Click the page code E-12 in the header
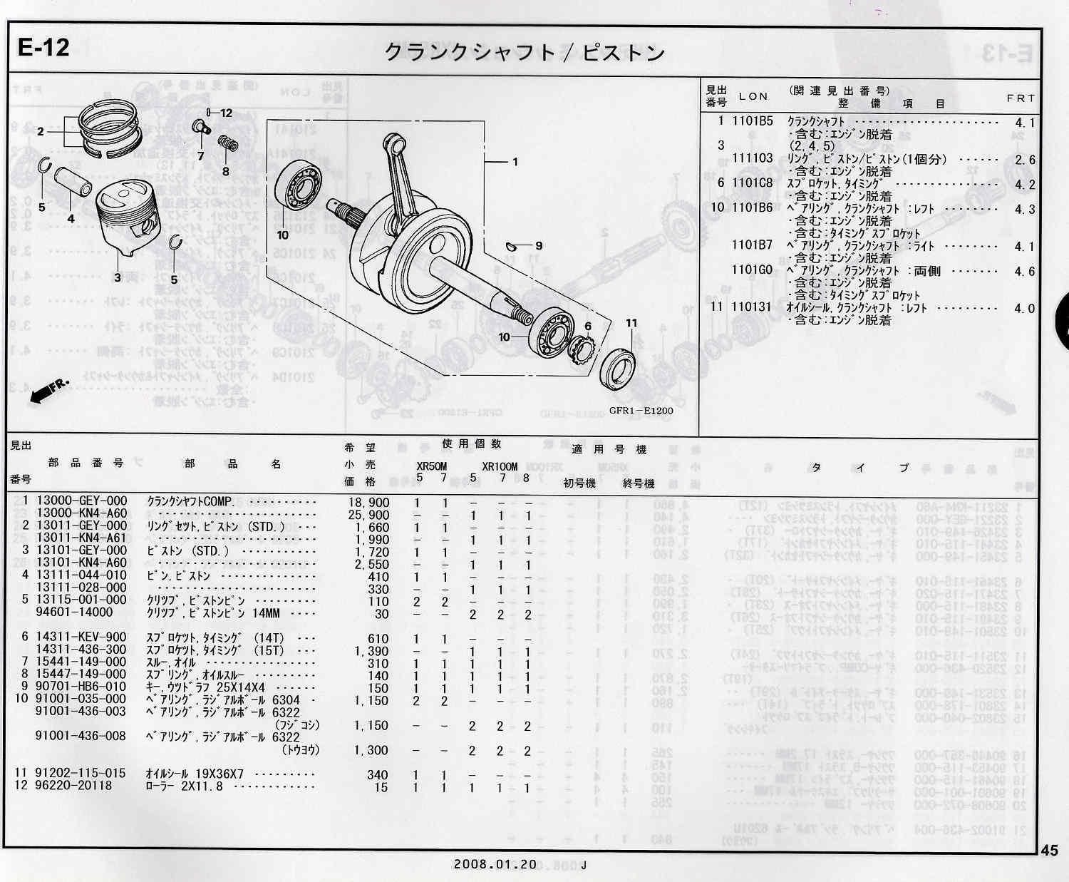(44, 48)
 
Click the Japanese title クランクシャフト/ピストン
(525, 53)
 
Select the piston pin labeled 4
(75, 183)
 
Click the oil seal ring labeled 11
(618, 365)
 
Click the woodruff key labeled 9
(510, 247)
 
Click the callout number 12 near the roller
(225, 113)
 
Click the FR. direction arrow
(49, 391)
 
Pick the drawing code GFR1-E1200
(640, 411)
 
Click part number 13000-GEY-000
(82, 501)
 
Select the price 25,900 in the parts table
(368, 514)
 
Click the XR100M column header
(500, 467)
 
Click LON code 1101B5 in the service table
(752, 121)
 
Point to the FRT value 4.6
(1024, 272)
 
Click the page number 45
(1049, 850)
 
